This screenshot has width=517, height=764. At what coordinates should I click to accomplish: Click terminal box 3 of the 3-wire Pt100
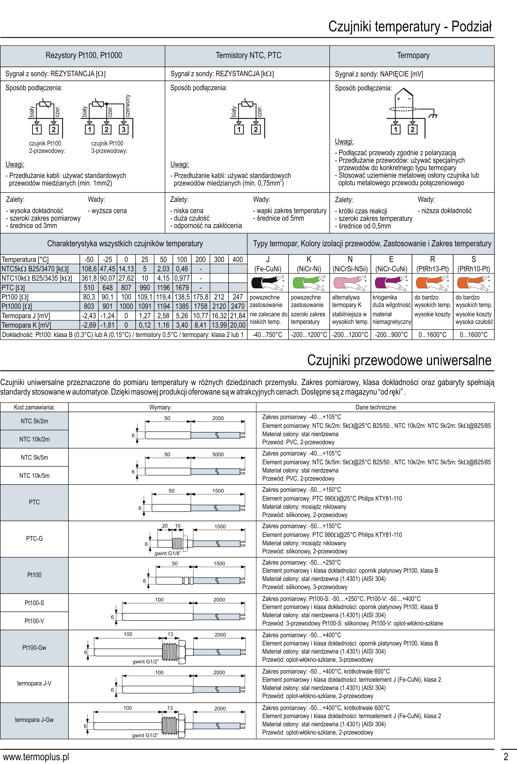coord(123,130)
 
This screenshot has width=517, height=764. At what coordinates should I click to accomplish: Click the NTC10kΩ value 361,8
coord(89,278)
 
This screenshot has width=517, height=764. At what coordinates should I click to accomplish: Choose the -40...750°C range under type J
coord(267,335)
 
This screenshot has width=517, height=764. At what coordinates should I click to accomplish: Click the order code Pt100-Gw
coord(34,648)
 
